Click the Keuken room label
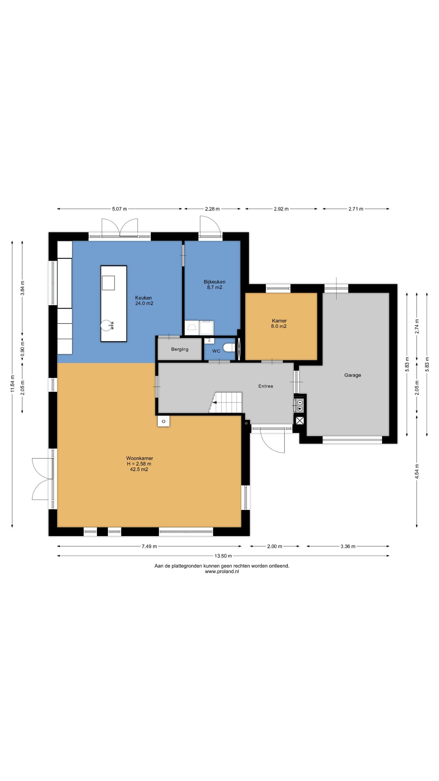[x=143, y=298]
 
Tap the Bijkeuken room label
[x=215, y=282]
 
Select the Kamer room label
[x=279, y=321]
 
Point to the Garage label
[x=353, y=375]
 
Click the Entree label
[x=266, y=386]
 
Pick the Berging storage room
[x=180, y=349]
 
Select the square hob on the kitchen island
[x=108, y=283]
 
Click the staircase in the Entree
[x=226, y=402]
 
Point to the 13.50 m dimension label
[x=223, y=556]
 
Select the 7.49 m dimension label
[x=149, y=546]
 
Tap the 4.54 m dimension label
[x=417, y=472]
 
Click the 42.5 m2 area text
[x=139, y=469]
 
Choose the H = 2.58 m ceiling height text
[x=139, y=464]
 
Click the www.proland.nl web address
[x=222, y=571]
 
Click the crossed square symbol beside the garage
[x=300, y=421]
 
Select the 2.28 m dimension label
[x=212, y=209]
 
